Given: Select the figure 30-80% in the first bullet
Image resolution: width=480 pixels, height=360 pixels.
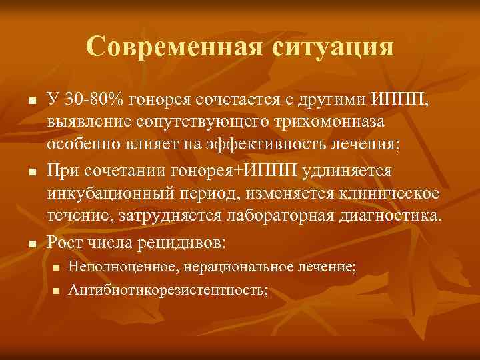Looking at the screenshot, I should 88,99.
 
